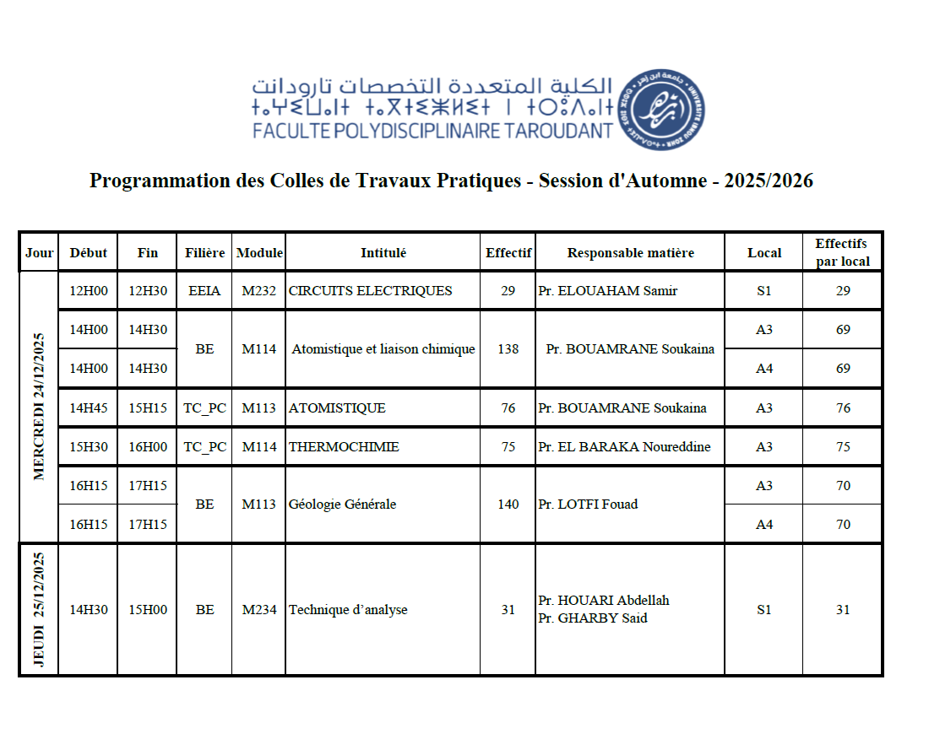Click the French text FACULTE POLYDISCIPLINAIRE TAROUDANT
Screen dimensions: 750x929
tap(433, 131)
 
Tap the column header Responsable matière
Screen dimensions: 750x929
tap(630, 252)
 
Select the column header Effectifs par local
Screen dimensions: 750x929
tap(842, 252)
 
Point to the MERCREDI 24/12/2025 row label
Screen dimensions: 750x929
tap(39, 407)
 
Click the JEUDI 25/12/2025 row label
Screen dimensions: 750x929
tap(39, 609)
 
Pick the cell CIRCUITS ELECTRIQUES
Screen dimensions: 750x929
tap(370, 291)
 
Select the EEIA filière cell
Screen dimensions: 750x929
tap(204, 291)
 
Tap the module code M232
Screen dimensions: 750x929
tap(259, 291)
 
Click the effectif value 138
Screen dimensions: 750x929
tap(508, 349)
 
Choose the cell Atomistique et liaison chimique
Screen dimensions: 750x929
tap(383, 349)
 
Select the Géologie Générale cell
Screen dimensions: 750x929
tap(342, 504)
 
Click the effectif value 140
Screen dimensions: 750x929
tap(508, 504)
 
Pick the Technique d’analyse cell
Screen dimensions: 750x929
tap(348, 610)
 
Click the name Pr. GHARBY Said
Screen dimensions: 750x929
tap(593, 618)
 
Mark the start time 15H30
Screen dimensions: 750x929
tap(88, 447)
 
